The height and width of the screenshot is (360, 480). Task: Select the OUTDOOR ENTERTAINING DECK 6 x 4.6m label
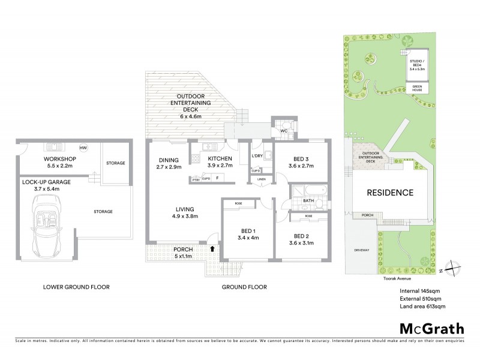click(x=193, y=107)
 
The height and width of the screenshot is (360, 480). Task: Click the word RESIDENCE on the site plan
click(x=390, y=193)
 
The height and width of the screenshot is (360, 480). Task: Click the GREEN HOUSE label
click(x=416, y=88)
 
